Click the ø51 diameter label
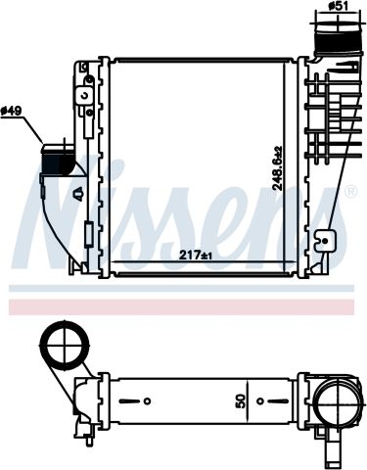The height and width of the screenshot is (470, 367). point(338,6)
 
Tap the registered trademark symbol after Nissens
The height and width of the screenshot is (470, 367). point(350,194)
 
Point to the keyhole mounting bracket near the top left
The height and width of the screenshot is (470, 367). point(84,96)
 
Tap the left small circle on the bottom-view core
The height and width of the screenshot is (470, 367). point(146,401)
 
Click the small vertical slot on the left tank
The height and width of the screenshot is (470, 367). point(87,236)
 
